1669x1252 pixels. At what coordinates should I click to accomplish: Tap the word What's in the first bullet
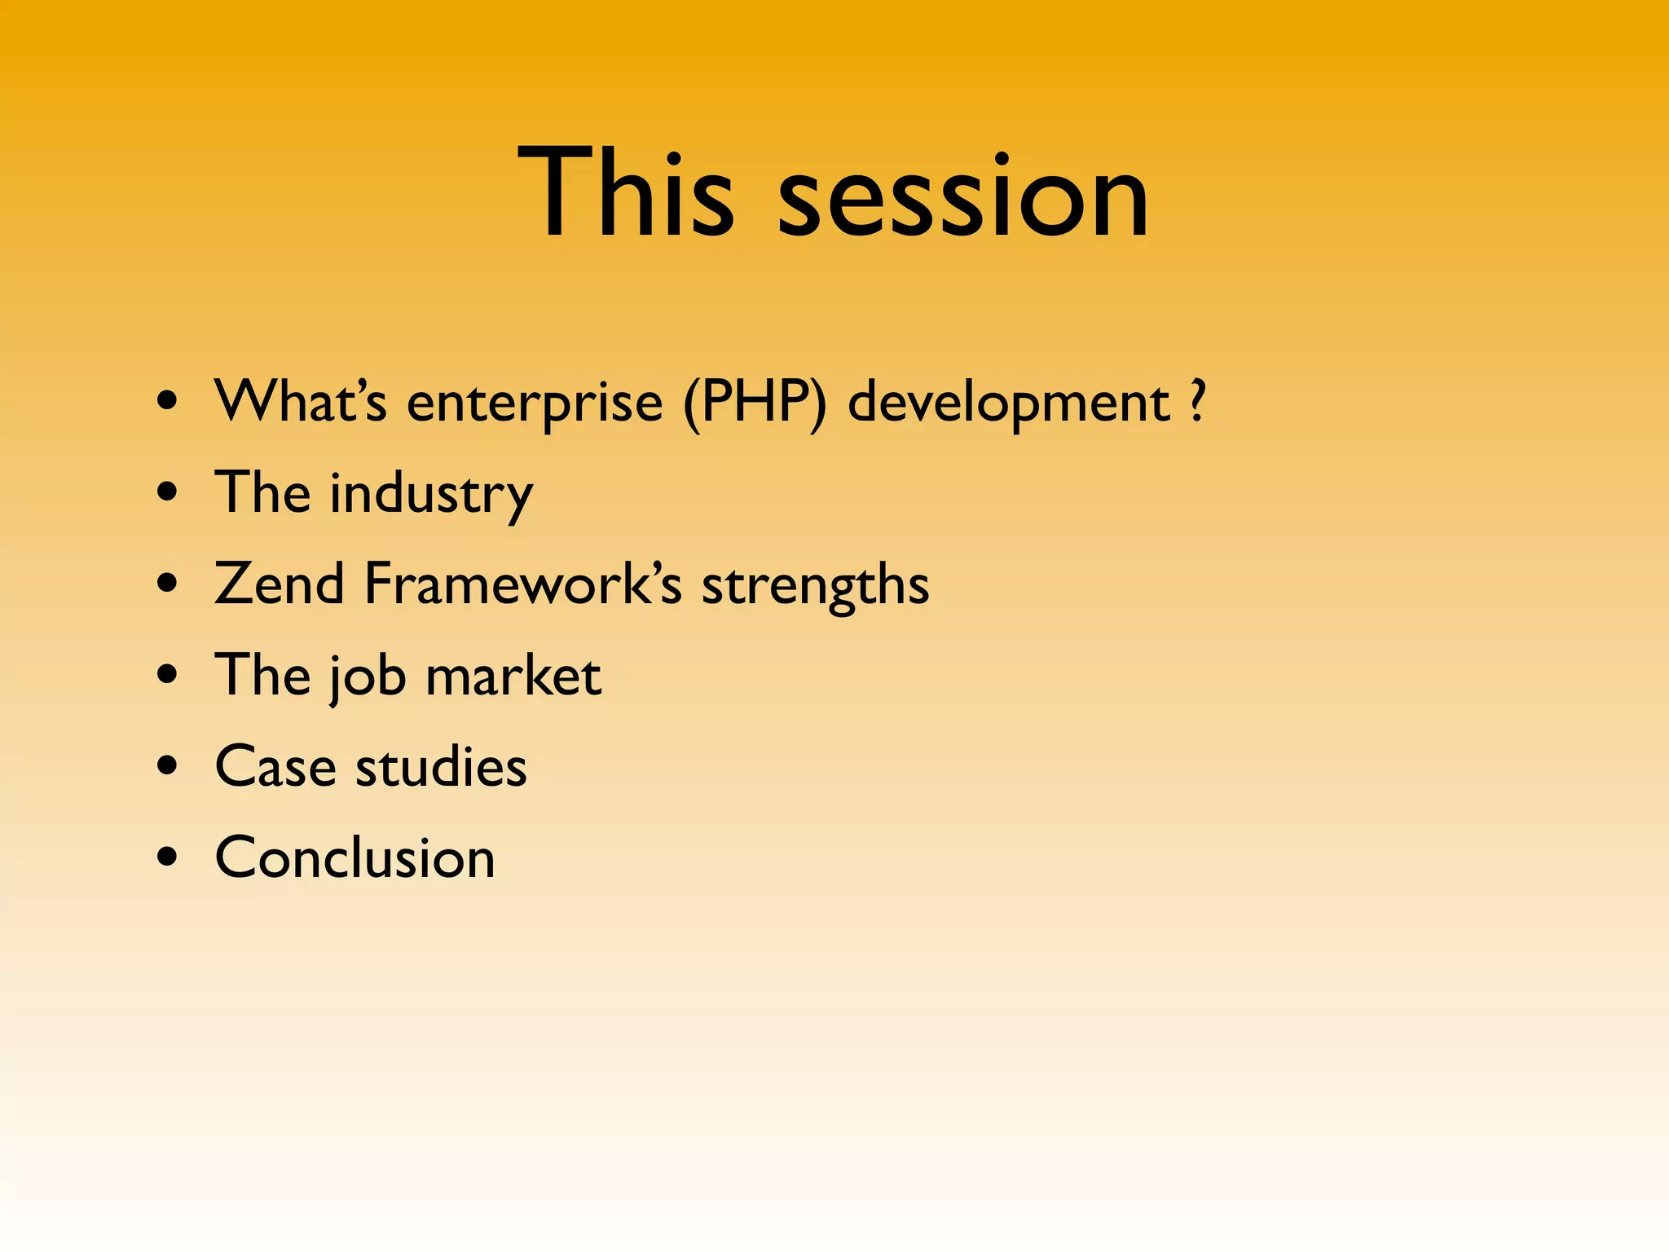[x=300, y=401]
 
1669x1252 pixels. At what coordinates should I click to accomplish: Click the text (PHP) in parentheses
[x=755, y=403]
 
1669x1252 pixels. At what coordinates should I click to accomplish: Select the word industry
[x=431, y=493]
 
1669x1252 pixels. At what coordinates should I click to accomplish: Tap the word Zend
[x=280, y=584]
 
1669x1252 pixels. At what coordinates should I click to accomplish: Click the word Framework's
[x=522, y=584]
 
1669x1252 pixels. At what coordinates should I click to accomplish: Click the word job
[x=367, y=677]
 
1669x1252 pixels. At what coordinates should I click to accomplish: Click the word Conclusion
[x=354, y=857]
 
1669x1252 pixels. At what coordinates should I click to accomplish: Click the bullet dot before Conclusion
[x=168, y=857]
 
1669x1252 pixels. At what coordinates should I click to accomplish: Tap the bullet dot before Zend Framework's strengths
[x=168, y=584]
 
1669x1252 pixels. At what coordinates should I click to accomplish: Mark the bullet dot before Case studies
[x=168, y=766]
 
